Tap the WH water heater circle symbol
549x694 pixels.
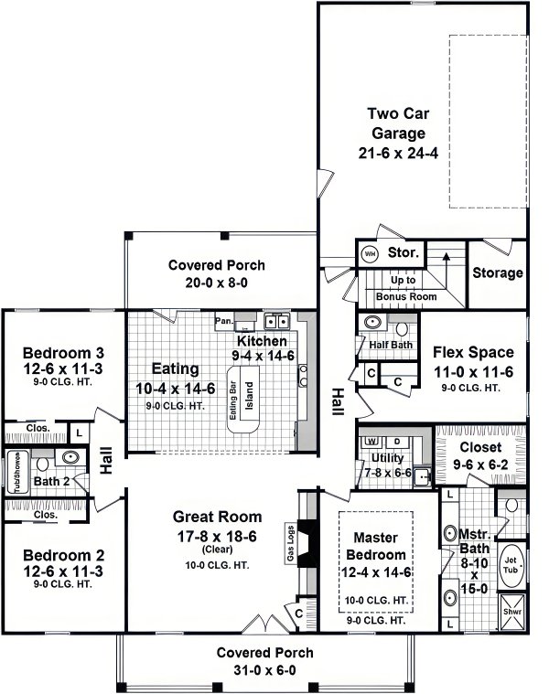click(371, 253)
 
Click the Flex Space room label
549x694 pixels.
click(472, 352)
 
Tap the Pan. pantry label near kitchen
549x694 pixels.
click(223, 321)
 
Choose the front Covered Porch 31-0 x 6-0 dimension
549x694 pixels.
click(264, 670)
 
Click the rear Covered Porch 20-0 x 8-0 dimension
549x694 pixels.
click(217, 283)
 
